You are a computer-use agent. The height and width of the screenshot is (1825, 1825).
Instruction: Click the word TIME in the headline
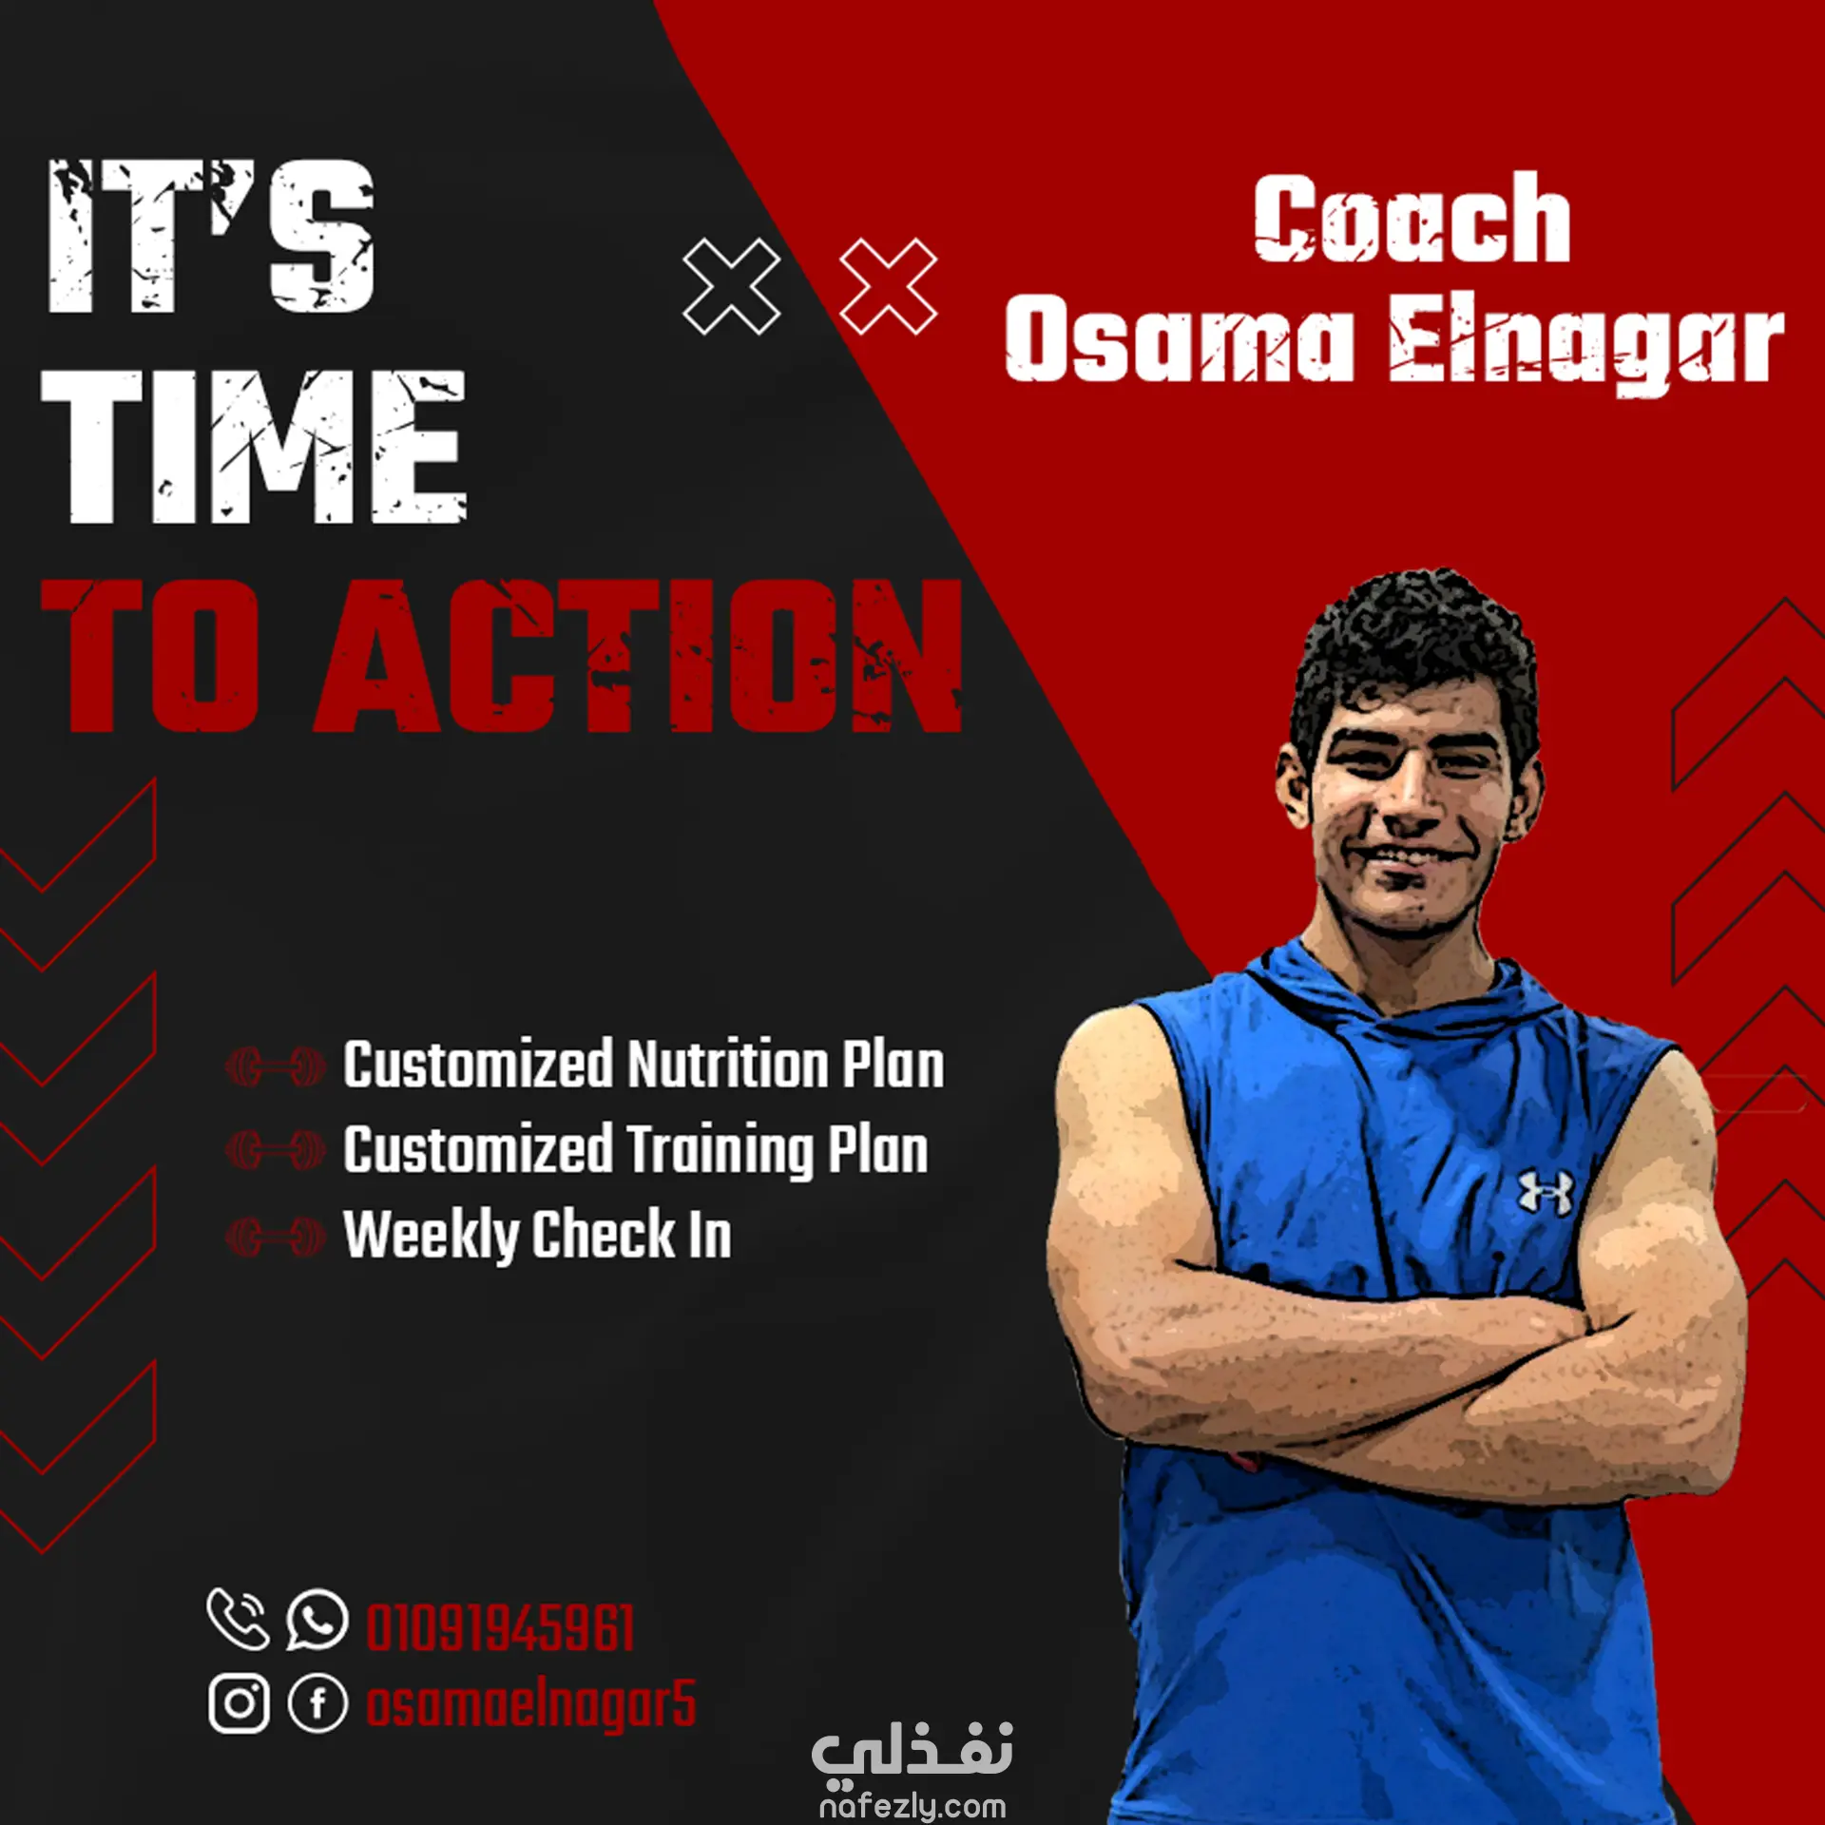[x=254, y=447]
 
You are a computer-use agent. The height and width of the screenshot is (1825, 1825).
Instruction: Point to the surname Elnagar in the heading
[x=1585, y=342]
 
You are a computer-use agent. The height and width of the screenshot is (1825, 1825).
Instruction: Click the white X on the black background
[x=732, y=286]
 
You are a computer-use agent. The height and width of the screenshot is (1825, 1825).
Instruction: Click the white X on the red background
[x=889, y=286]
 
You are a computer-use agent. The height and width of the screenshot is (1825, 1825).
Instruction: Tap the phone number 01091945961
[x=501, y=1628]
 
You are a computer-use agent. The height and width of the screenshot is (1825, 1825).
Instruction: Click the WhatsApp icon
[x=317, y=1620]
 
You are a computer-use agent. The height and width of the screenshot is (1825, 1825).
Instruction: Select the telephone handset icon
[x=238, y=1619]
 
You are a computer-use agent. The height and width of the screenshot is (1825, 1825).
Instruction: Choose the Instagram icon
[x=239, y=1702]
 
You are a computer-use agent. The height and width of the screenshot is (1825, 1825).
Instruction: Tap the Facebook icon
[x=317, y=1702]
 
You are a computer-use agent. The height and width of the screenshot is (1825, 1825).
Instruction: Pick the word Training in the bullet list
[x=720, y=1151]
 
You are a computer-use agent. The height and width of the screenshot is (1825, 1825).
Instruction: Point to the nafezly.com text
[x=912, y=1805]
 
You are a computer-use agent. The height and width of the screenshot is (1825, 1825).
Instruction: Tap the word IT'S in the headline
[x=211, y=237]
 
